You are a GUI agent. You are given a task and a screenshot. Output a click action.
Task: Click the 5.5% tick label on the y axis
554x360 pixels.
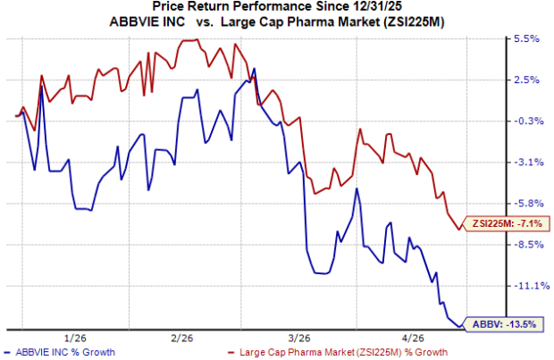[x=525, y=39]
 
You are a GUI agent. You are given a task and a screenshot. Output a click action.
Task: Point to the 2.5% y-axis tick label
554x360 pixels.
[x=525, y=80]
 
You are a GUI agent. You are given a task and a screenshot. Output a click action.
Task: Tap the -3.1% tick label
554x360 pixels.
[x=525, y=163]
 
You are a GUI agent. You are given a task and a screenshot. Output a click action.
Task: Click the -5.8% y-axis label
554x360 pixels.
[x=525, y=204]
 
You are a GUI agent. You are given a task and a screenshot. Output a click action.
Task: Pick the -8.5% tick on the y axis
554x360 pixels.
[x=525, y=245]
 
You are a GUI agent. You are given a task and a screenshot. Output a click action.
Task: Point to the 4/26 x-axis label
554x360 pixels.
[x=408, y=339]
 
